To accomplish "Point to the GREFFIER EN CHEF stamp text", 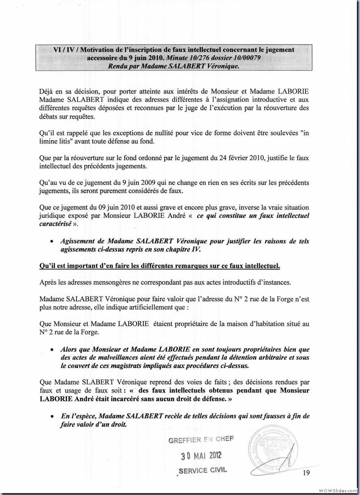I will (x=201, y=440).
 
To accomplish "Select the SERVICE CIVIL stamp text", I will (x=203, y=470).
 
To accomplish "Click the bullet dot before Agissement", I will (x=52, y=242).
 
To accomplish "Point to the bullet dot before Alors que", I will (x=52, y=350).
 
